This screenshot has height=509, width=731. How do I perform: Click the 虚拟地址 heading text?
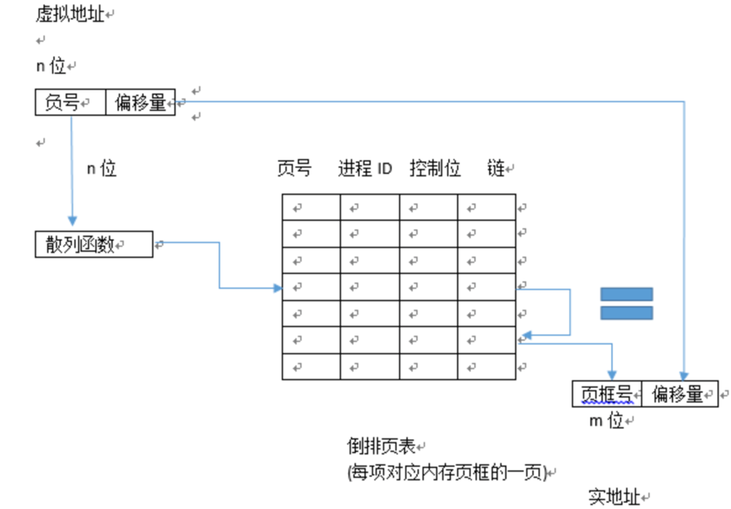[x=70, y=14]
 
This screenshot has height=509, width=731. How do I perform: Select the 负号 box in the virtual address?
[x=70, y=103]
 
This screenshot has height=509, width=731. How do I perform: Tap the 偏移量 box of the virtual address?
[x=140, y=103]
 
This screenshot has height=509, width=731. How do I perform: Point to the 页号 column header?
[x=294, y=169]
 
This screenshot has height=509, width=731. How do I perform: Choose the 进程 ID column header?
[x=364, y=169]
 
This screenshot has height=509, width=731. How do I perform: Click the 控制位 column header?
[x=434, y=169]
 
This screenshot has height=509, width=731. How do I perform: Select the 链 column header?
[x=495, y=169]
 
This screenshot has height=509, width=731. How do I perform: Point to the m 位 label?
[x=606, y=421]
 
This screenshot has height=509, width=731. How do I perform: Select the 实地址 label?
[x=614, y=497]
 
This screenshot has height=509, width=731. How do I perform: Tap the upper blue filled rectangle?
[x=626, y=294]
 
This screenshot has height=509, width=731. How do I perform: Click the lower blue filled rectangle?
[x=626, y=312]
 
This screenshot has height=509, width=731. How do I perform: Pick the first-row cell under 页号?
[x=311, y=208]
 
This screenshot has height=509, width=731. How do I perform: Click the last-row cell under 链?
[x=487, y=367]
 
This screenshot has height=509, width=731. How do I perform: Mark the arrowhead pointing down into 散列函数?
[x=71, y=222]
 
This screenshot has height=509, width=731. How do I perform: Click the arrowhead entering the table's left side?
[x=277, y=288]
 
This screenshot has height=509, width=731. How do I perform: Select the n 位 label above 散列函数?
[x=101, y=169]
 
